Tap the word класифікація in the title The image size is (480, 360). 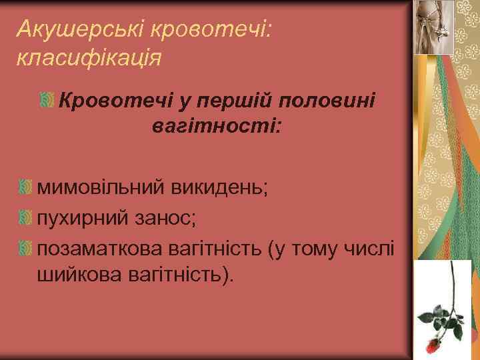87,57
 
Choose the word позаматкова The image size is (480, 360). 99,249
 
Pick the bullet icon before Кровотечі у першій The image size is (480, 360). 47,100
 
